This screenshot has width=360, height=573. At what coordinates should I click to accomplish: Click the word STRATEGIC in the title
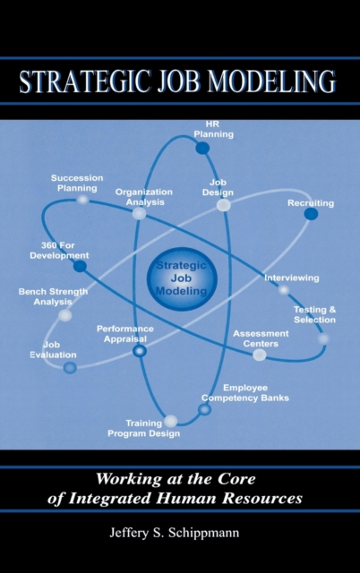pos(84,81)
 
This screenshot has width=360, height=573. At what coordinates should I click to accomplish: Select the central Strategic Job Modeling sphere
pos(182,278)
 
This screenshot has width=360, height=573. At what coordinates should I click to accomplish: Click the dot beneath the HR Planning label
pos(202,148)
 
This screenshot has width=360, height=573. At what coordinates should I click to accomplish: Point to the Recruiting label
pos(311,203)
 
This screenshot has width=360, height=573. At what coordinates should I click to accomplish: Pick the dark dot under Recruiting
pos(311,214)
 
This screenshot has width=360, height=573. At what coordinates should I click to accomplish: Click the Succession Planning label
pos(77,183)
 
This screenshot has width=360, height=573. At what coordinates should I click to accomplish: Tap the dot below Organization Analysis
pos(139,213)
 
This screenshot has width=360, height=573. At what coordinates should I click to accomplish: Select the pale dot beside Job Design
pos(223,205)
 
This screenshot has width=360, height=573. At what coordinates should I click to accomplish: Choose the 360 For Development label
pos(59,251)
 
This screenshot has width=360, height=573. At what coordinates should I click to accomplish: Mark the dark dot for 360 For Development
pos(80,266)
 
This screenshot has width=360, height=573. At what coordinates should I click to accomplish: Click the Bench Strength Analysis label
pos(53,296)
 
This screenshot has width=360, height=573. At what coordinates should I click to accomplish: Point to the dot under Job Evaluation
pos(70,368)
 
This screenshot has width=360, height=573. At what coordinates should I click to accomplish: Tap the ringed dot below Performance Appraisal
pos(139,351)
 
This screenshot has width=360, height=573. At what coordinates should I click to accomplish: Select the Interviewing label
pos(292,278)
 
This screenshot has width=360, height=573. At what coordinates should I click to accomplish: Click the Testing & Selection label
pos(314,314)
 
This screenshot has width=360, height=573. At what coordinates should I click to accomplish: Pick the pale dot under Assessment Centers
pos(260,355)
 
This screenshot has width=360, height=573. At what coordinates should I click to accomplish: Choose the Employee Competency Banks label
pos(245,393)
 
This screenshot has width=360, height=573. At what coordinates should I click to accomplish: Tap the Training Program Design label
pos(143,428)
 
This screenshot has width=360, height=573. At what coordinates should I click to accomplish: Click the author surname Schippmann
pos(203,533)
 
